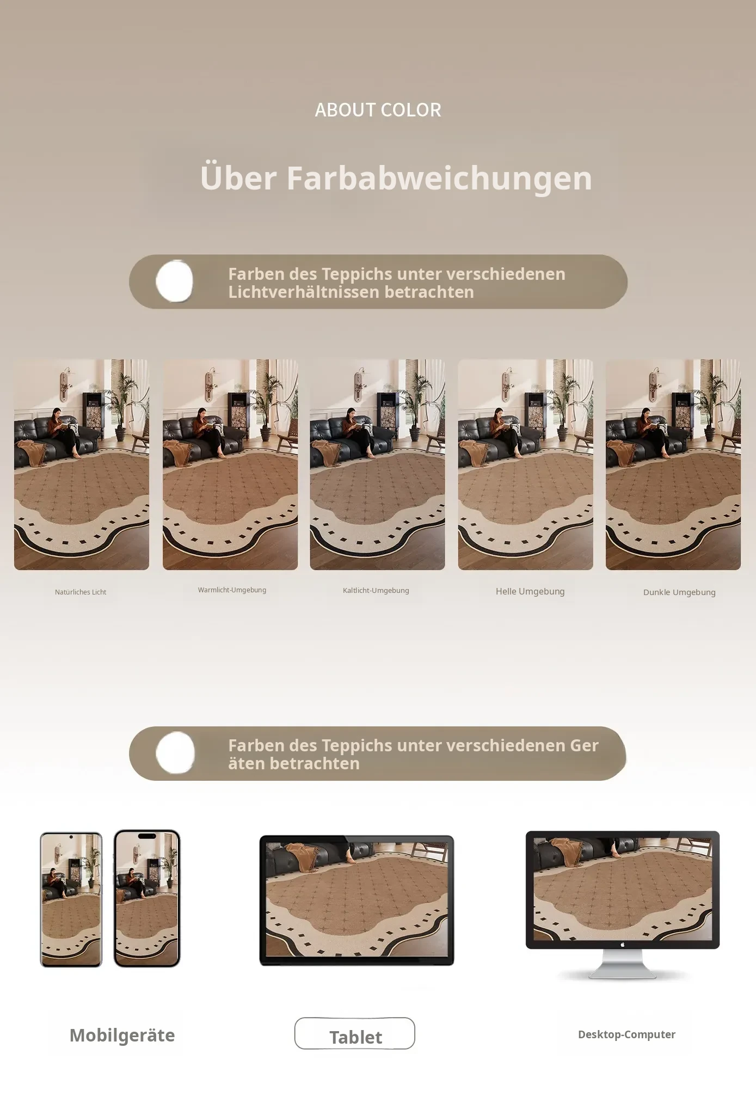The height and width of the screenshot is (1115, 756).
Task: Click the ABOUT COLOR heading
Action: pos(378,110)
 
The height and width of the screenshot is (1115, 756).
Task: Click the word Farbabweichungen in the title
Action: pos(439,178)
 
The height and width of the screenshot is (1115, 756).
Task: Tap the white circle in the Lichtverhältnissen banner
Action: pos(175,281)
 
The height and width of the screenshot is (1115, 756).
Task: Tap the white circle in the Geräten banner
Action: pos(175,753)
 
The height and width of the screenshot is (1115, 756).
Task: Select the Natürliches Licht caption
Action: pos(81,592)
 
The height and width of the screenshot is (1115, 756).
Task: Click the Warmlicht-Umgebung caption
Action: pos(232,590)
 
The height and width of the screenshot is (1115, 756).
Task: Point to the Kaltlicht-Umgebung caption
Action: pos(376,591)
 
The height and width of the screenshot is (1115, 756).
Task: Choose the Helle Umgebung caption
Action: pos(530,592)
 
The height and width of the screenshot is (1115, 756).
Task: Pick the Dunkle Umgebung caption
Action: pos(679,592)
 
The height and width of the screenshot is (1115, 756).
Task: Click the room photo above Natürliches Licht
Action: pos(82,464)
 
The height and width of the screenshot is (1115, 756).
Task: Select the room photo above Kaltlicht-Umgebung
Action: pos(377,464)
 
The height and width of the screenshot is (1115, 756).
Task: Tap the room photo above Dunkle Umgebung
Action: pos(673,464)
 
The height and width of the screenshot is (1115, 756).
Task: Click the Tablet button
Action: pos(355,1033)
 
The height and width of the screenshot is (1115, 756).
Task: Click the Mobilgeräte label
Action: pos(122,1036)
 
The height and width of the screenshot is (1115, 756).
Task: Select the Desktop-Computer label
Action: pos(626,1034)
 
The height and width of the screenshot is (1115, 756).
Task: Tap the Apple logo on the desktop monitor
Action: pos(623,945)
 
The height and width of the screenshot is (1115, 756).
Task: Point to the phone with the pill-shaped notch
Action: pos(147,898)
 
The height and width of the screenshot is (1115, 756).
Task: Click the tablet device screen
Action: pos(357,900)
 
